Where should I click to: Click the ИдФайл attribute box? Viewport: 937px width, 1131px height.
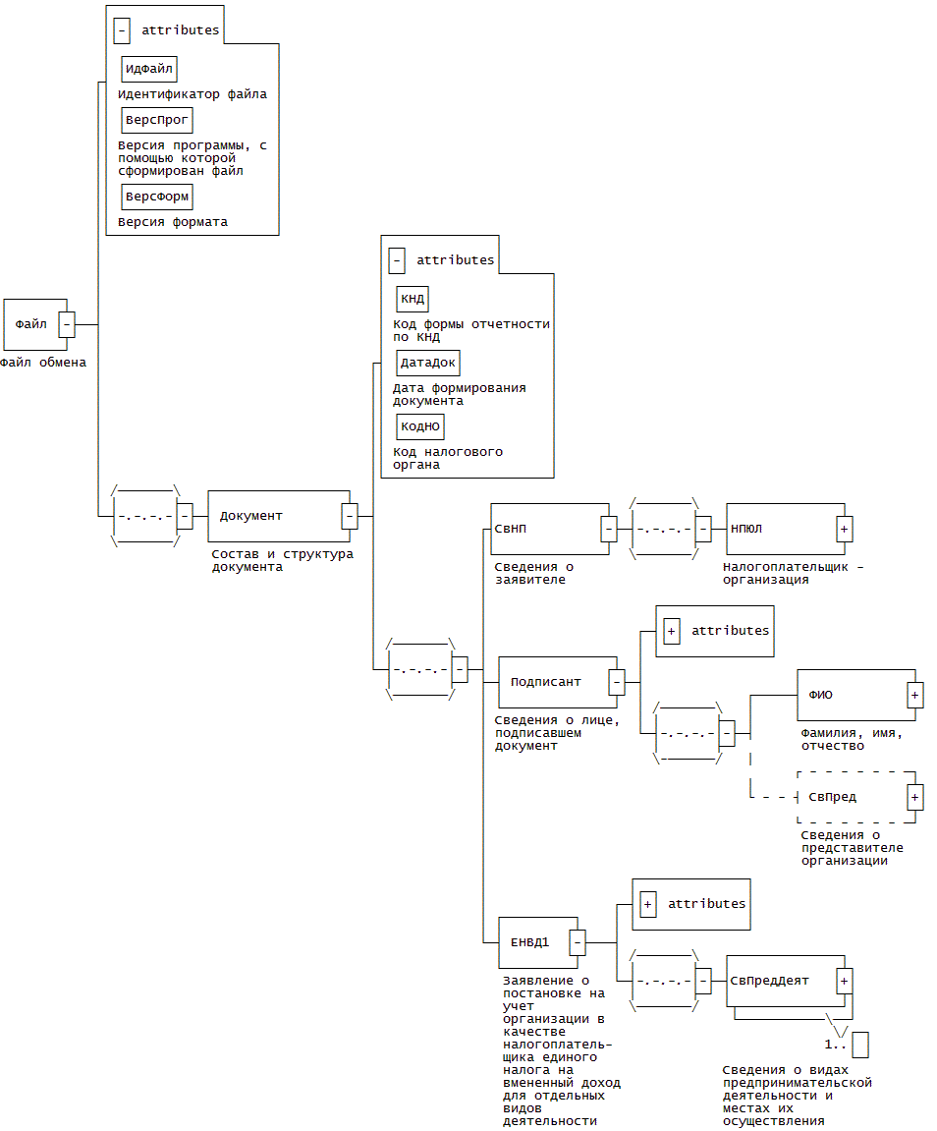pyautogui.click(x=149, y=69)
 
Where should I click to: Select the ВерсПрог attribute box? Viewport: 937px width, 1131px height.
pyautogui.click(x=156, y=120)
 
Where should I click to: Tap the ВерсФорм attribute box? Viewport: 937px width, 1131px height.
pyautogui.click(x=156, y=197)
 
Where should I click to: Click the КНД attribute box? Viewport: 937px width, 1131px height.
pyautogui.click(x=412, y=299)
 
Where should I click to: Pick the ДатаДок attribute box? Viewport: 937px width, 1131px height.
pyautogui.click(x=427, y=363)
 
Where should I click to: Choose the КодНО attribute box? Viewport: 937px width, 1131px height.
pyautogui.click(x=419, y=426)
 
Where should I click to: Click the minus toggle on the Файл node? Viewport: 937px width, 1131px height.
pyautogui.click(x=67, y=323)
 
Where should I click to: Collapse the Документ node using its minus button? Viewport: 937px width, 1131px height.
pyautogui.click(x=349, y=515)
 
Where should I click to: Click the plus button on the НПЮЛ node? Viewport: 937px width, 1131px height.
pyautogui.click(x=844, y=529)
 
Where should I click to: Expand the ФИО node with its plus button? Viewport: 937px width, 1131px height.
pyautogui.click(x=914, y=695)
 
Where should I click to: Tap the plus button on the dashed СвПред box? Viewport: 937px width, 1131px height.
pyautogui.click(x=914, y=797)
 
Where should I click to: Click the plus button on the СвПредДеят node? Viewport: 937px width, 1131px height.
pyautogui.click(x=844, y=981)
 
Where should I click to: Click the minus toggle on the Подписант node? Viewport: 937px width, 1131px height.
pyautogui.click(x=616, y=681)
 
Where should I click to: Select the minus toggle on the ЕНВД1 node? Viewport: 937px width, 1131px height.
pyautogui.click(x=578, y=942)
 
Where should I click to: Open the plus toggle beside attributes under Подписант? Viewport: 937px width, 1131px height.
pyautogui.click(x=672, y=631)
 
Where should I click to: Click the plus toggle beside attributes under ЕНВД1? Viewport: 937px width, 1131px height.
pyautogui.click(x=648, y=904)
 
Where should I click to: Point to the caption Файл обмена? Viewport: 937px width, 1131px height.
pyautogui.click(x=43, y=363)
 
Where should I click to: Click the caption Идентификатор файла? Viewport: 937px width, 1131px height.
pyautogui.click(x=193, y=95)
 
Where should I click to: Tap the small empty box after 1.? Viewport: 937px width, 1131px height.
pyautogui.click(x=860, y=1045)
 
